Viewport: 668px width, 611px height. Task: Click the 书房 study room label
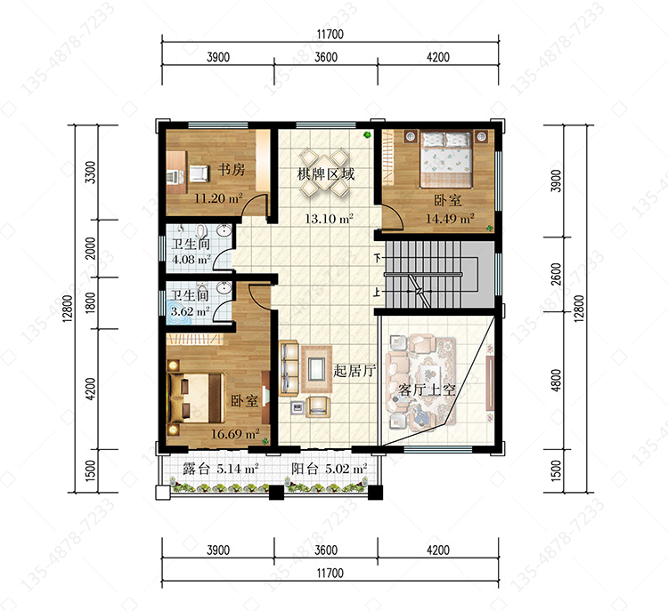tap(232, 169)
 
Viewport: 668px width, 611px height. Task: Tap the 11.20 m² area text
tap(218, 198)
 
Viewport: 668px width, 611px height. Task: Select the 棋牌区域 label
tap(325, 173)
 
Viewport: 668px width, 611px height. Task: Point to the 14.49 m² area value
tap(451, 219)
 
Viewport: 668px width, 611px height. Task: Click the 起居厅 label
tap(354, 371)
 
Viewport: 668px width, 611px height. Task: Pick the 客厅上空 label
tap(427, 390)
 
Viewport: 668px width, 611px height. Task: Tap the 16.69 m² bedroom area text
tap(235, 434)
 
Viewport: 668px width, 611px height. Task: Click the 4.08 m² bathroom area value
tap(191, 259)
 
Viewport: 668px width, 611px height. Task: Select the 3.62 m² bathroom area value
tap(191, 311)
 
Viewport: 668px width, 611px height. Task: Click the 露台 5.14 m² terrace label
tap(221, 469)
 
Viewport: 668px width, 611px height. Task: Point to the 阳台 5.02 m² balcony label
tap(330, 469)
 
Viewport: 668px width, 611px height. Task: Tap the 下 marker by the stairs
tap(377, 258)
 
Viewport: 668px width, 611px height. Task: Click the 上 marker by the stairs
tap(377, 293)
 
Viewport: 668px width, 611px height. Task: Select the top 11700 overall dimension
tap(330, 34)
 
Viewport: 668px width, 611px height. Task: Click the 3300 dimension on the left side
tap(91, 173)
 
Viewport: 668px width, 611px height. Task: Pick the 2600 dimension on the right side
tap(557, 275)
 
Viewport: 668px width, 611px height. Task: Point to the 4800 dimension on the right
tap(557, 381)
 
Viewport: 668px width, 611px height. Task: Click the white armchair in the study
tap(199, 173)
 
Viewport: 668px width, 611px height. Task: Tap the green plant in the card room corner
tap(366, 135)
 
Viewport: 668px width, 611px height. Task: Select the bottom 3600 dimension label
tap(326, 551)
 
